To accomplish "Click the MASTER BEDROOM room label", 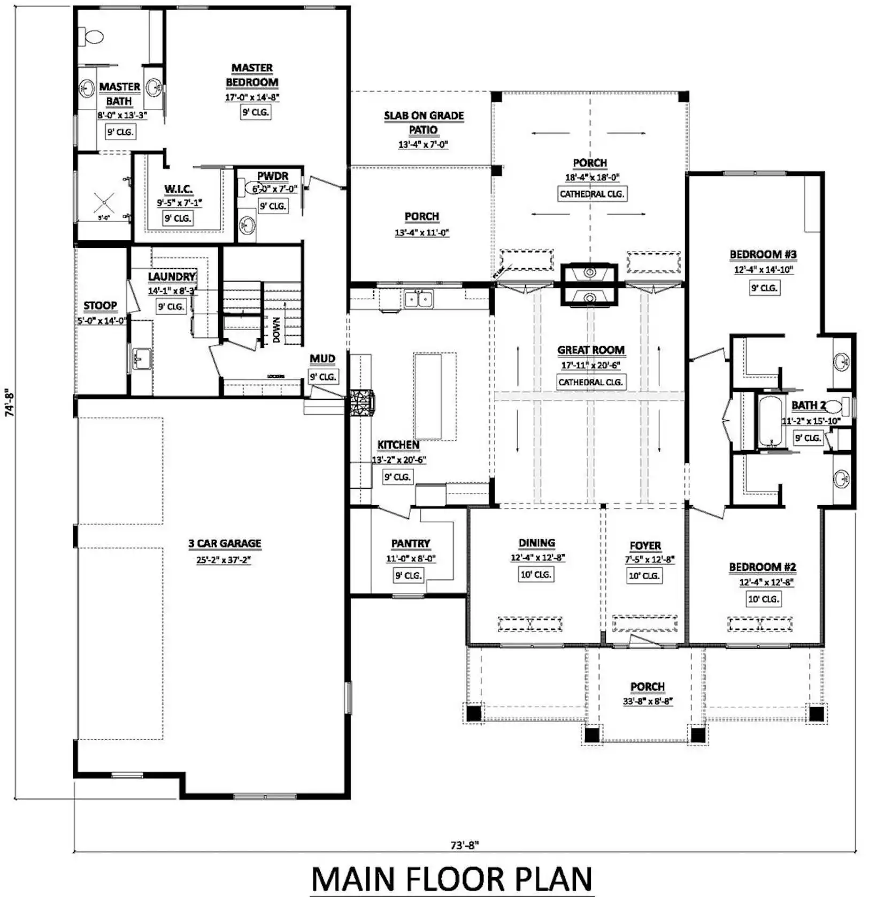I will click(x=252, y=75).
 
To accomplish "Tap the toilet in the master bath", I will click(x=92, y=37).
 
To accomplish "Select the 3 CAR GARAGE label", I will click(x=225, y=543).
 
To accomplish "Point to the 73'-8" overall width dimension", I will click(x=464, y=845).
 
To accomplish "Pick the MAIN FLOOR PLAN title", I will click(x=452, y=879).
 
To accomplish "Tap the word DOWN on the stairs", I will click(x=276, y=330).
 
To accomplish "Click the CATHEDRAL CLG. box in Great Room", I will click(x=590, y=382).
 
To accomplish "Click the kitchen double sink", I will click(x=418, y=299).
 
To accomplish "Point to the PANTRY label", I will click(x=411, y=543).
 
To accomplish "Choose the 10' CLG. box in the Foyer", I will click(x=644, y=575).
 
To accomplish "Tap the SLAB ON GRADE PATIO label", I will click(x=424, y=123).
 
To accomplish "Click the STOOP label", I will click(x=100, y=306).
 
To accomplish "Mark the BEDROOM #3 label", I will click(x=763, y=254).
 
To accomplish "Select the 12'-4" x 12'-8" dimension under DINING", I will click(x=537, y=558).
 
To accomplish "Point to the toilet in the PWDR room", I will click(x=253, y=187).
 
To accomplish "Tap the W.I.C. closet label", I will click(x=179, y=189).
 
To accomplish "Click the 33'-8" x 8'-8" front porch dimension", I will click(x=647, y=701).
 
